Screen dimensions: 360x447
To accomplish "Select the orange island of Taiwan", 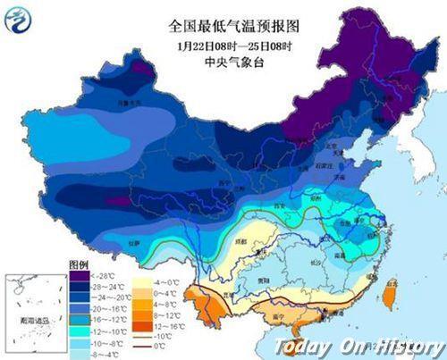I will tap(390, 292).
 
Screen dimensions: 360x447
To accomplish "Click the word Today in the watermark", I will tap(303, 347).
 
